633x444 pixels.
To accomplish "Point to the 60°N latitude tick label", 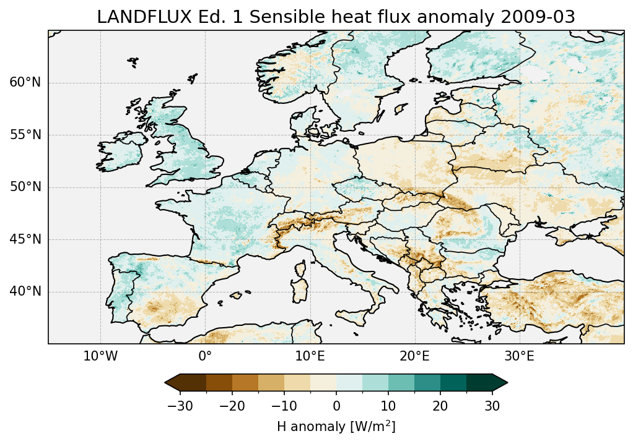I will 25,83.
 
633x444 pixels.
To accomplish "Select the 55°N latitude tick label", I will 25,135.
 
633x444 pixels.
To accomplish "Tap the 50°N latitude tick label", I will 25,187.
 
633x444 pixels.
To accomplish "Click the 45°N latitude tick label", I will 25,239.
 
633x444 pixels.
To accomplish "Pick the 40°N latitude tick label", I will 25,291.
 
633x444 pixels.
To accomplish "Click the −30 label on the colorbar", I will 180,406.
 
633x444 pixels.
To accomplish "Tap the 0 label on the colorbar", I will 336,406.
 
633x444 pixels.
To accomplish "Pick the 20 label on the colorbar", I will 440,406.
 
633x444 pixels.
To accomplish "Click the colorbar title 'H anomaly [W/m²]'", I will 336,426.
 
